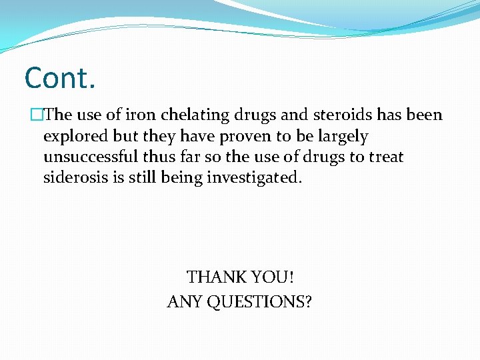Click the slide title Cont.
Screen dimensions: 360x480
tap(60, 78)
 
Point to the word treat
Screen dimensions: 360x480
tap(385, 157)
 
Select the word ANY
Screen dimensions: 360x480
tap(185, 302)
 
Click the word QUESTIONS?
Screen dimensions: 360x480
tap(259, 302)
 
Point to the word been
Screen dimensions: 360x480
tap(424, 115)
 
